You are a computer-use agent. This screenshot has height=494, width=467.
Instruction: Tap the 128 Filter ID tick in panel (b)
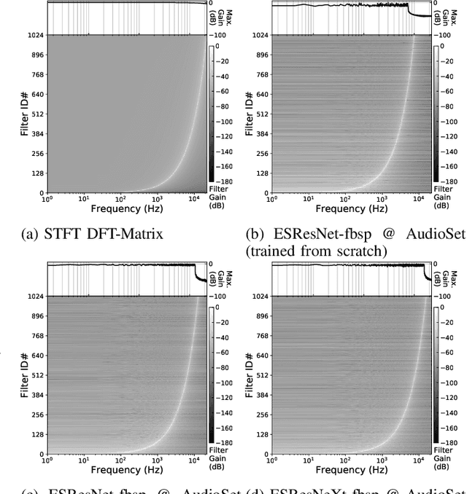pos(260,173)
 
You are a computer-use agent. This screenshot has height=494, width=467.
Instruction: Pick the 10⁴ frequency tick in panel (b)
pos(414,199)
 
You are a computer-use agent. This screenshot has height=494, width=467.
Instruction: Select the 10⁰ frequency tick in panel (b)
pos(272,199)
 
